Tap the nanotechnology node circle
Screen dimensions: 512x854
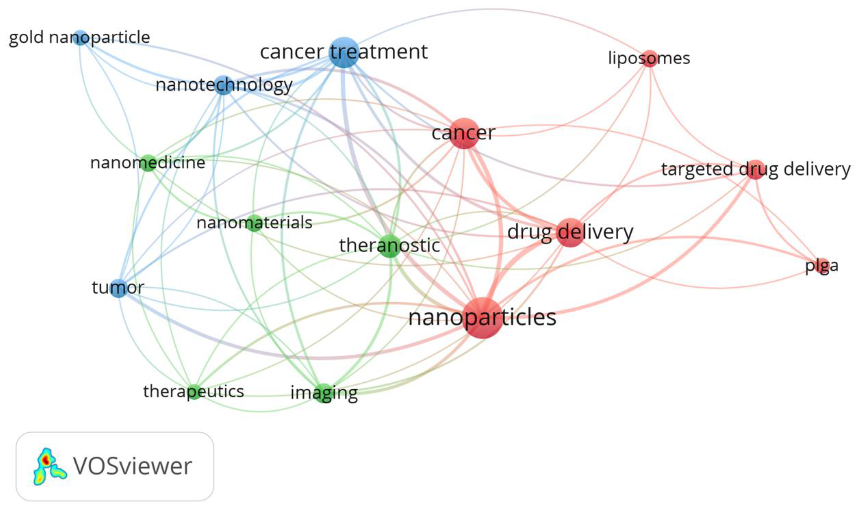(224, 85)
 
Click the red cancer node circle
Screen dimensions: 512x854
(464, 133)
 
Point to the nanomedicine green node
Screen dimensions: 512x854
(148, 163)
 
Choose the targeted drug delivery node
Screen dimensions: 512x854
(755, 170)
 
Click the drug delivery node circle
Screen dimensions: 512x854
(570, 232)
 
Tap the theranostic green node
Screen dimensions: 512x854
(390, 246)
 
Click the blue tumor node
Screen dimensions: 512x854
(118, 288)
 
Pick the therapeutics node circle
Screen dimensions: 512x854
(194, 391)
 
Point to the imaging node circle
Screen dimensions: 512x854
(324, 393)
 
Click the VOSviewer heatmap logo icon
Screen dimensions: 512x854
(49, 467)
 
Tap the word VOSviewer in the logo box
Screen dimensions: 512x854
(133, 467)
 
